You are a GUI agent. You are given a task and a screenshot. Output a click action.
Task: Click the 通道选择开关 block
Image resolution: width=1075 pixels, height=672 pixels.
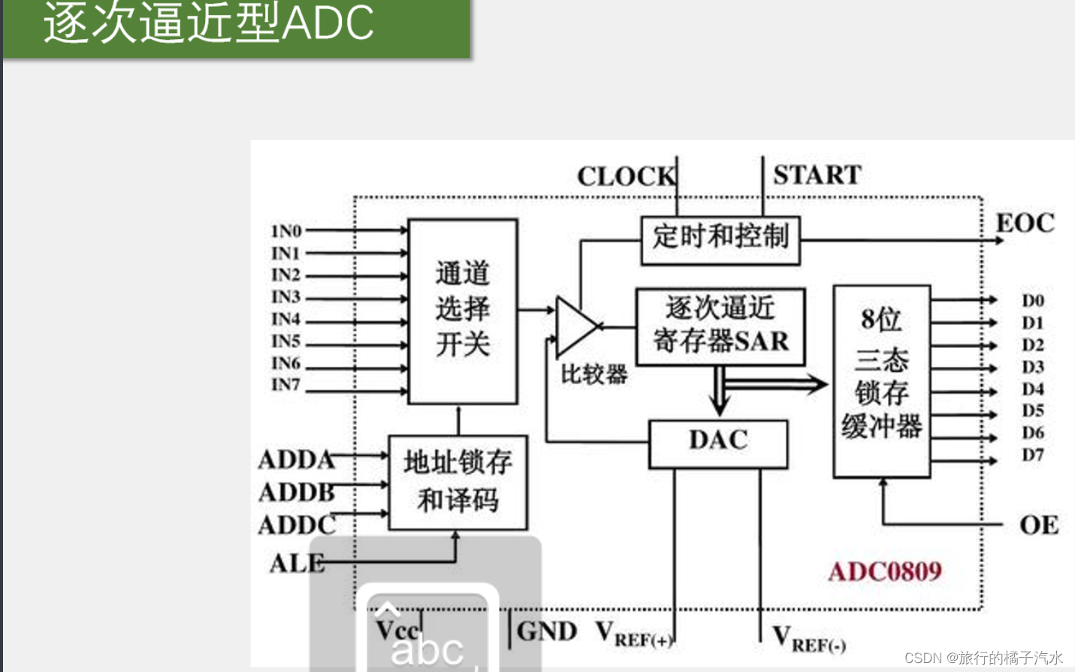pos(462,310)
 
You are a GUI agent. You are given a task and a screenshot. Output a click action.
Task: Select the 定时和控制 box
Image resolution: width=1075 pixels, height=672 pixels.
pos(720,240)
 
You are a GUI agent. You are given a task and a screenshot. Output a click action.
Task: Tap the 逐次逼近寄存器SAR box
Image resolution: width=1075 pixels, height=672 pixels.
pos(720,325)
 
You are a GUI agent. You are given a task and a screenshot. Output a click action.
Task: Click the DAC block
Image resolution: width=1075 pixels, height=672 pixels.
pos(717,443)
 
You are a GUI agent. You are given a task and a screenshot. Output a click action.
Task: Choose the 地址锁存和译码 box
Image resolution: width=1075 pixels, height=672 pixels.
pos(457,481)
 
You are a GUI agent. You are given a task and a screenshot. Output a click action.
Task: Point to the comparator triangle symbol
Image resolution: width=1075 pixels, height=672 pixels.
pos(574,326)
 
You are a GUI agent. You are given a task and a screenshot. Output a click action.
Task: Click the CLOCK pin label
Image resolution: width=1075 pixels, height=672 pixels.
pos(625,177)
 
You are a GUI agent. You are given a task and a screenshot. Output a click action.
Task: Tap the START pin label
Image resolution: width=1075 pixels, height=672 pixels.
pos(817,175)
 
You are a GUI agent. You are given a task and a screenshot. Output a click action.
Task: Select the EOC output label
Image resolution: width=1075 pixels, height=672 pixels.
pos(1025,223)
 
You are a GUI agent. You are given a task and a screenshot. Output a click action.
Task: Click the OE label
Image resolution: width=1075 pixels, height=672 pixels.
pos(1038,525)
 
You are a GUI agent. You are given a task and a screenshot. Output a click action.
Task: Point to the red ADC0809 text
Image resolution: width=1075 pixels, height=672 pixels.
pos(884,571)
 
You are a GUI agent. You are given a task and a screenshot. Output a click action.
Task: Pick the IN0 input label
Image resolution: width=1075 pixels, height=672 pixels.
pos(286,231)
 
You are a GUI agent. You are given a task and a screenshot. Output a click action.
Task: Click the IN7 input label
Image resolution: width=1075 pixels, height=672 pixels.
pos(285,385)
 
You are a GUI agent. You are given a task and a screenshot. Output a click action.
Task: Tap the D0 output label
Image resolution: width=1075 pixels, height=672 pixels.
pos(1032,301)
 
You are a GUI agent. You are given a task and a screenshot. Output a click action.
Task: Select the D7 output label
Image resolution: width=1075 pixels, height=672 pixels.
pos(1032,455)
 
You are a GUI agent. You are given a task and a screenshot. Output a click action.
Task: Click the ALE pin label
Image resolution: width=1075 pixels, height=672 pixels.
pos(297,563)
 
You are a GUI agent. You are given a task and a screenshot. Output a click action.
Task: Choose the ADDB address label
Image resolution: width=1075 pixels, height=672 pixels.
pos(296,492)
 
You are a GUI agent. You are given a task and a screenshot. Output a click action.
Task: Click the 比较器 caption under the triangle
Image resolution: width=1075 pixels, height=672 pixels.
pos(593,374)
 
